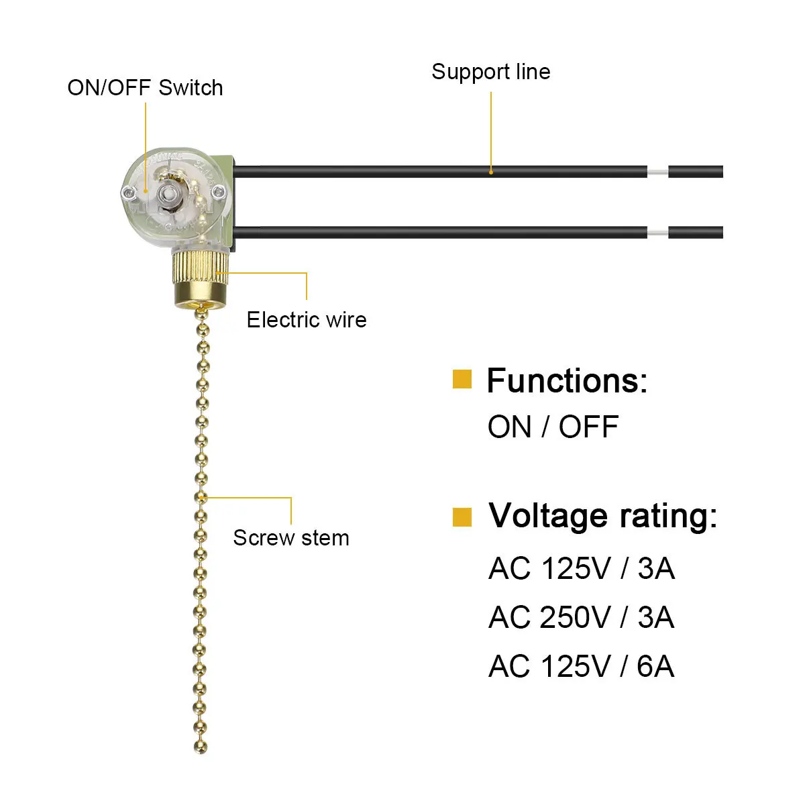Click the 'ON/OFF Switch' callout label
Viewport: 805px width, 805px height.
145,88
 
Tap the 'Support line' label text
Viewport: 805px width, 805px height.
490,72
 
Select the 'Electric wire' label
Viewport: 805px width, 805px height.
307,319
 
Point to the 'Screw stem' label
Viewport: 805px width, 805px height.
291,537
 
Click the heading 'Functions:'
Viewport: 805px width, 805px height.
567,380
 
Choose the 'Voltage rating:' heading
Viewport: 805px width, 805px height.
602,516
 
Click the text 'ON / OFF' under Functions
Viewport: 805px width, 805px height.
553,427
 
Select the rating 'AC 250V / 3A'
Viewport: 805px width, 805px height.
581,617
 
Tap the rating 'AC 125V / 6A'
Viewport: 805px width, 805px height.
581,666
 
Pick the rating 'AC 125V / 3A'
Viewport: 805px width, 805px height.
581,568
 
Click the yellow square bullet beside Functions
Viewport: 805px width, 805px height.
462,379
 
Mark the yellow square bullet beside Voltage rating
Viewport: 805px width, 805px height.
462,517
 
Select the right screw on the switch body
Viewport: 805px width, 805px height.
218,193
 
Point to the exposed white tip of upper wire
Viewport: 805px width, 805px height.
657,172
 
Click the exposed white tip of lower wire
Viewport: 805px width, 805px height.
657,233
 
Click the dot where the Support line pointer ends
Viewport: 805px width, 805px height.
490,172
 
